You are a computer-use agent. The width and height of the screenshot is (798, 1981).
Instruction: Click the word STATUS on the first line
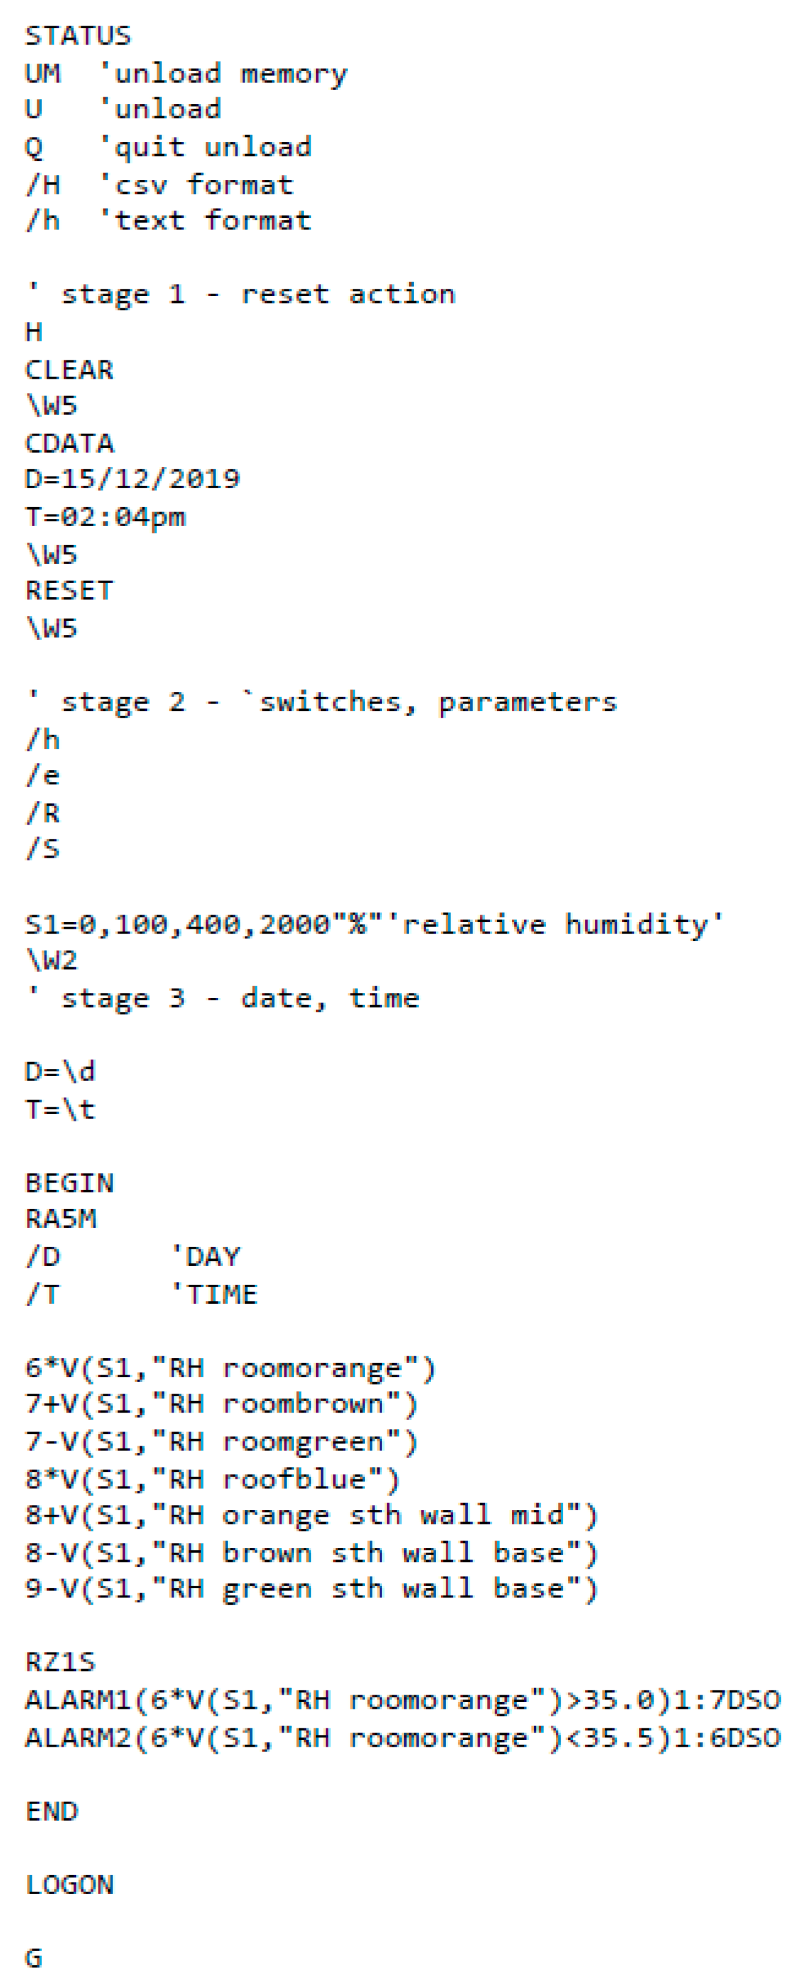pos(78,36)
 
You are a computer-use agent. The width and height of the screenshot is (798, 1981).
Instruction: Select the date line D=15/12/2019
pos(131,479)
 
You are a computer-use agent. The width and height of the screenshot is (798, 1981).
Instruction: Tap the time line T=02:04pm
pos(105,517)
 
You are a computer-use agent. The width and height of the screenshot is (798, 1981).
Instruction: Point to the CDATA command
pos(69,443)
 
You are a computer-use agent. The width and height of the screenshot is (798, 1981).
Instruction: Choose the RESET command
pos(69,590)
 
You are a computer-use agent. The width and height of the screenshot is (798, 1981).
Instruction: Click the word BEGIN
pos(69,1182)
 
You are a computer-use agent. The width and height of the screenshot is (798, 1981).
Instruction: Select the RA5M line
pos(61,1218)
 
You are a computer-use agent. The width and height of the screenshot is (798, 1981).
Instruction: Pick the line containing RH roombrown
pos(221,1404)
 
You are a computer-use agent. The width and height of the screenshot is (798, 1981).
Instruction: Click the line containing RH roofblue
pos(212,1479)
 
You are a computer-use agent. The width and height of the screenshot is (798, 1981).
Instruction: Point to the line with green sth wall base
pos(311,1589)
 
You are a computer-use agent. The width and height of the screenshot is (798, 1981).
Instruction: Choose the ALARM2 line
pos(402,1738)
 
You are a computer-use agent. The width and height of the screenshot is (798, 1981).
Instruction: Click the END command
pos(51,1811)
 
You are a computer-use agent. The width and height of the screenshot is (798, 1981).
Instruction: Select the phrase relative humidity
pos(563,924)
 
